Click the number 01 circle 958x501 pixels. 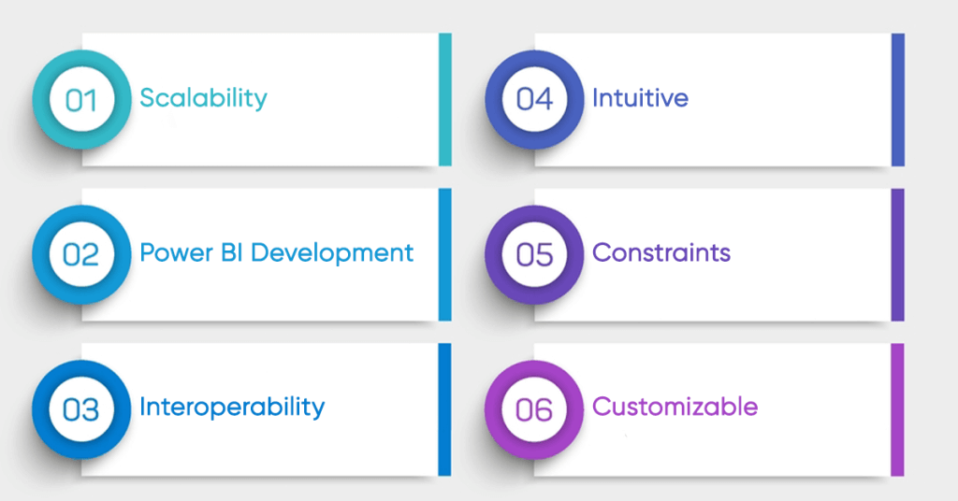pyautogui.click(x=82, y=99)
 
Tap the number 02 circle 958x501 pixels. pyautogui.click(x=82, y=254)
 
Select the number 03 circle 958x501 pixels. pyautogui.click(x=81, y=409)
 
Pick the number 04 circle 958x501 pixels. pyautogui.click(x=534, y=99)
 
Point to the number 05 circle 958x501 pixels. pyautogui.click(x=534, y=254)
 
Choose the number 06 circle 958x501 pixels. pyautogui.click(x=534, y=409)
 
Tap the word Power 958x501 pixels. pyautogui.click(x=177, y=252)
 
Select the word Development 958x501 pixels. pyautogui.click(x=332, y=252)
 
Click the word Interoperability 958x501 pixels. pyautogui.click(x=232, y=408)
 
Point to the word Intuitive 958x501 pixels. pyautogui.click(x=640, y=97)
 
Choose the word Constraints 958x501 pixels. pyautogui.click(x=661, y=252)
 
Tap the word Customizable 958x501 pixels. pyautogui.click(x=675, y=407)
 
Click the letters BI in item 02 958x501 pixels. pyautogui.click(x=232, y=252)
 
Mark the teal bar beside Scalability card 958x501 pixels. pyautogui.click(x=445, y=99)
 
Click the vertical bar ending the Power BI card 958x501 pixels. pyautogui.click(x=445, y=254)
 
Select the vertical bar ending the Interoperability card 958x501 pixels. pyautogui.click(x=444, y=409)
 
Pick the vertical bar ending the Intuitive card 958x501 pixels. pyautogui.click(x=898, y=99)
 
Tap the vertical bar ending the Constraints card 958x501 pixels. pyautogui.click(x=898, y=254)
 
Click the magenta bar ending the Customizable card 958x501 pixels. pyautogui.click(x=897, y=409)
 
